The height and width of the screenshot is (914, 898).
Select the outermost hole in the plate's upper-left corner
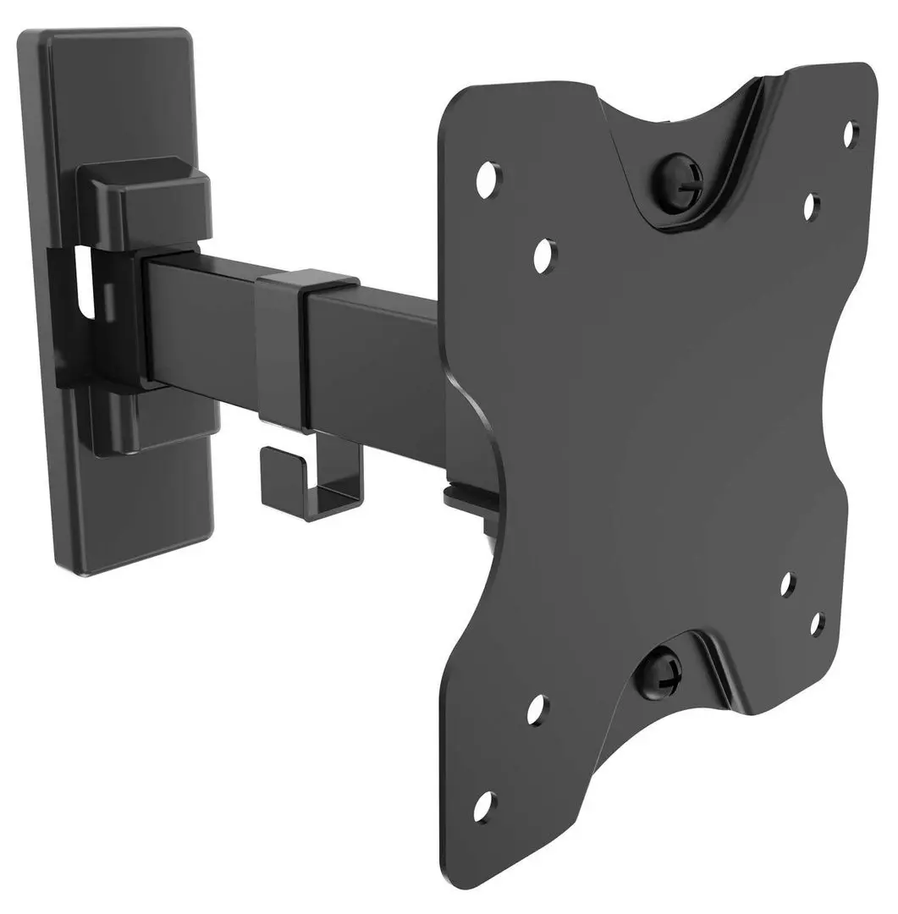point(487,179)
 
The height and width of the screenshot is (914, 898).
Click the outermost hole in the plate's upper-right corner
point(851,134)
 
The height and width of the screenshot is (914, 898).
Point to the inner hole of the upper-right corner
point(810,206)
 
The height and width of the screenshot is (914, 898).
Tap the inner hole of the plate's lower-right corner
point(787,585)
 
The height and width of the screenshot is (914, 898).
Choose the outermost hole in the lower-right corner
point(817,625)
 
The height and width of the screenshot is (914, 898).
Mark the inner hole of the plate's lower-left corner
point(537,709)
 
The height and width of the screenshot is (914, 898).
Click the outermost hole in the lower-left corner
point(484,807)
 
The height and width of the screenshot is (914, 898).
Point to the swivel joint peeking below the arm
point(470,499)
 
